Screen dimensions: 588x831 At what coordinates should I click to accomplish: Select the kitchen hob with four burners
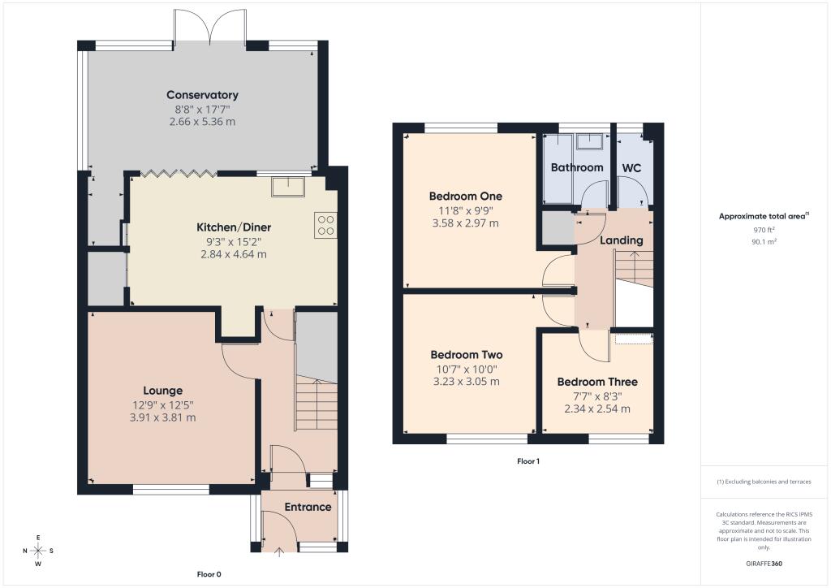[x=325, y=224]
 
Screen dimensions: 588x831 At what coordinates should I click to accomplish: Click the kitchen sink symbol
[x=288, y=186]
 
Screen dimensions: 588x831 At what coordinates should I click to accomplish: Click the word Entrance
[x=308, y=508]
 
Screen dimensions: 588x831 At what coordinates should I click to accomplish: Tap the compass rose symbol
[x=38, y=551]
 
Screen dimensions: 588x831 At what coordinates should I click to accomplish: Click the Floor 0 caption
[x=209, y=574]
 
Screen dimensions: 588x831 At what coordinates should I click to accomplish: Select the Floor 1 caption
[x=528, y=461]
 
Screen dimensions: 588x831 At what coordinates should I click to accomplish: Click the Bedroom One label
[x=466, y=196]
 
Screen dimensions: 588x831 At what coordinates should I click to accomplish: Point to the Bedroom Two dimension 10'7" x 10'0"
[x=466, y=369]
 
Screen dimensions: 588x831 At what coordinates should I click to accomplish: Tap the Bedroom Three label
[x=597, y=382]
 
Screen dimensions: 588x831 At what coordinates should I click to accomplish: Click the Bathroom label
[x=577, y=167]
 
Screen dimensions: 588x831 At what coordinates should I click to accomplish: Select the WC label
[x=631, y=167]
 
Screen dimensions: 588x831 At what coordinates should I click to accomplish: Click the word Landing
[x=621, y=240]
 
